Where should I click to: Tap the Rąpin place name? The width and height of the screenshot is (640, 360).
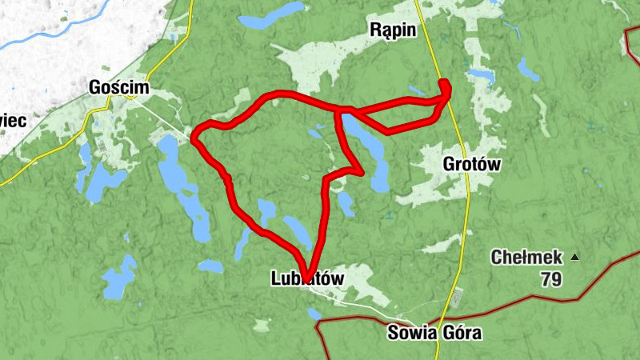click(x=392, y=30)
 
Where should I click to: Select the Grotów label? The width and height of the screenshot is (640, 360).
click(x=471, y=165)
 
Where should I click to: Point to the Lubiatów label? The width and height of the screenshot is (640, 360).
click(x=308, y=278)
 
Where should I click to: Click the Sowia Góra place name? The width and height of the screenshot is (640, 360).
click(x=434, y=333)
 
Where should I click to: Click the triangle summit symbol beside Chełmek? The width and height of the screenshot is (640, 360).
click(x=574, y=258)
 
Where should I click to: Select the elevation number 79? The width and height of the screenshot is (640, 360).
click(x=550, y=279)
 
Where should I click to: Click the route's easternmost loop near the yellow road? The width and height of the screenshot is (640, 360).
click(x=445, y=90)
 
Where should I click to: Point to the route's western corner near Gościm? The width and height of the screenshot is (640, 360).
click(x=195, y=139)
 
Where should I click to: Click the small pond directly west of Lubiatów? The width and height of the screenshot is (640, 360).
click(x=210, y=266)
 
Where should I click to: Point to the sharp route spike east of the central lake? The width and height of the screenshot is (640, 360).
click(x=362, y=170)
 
